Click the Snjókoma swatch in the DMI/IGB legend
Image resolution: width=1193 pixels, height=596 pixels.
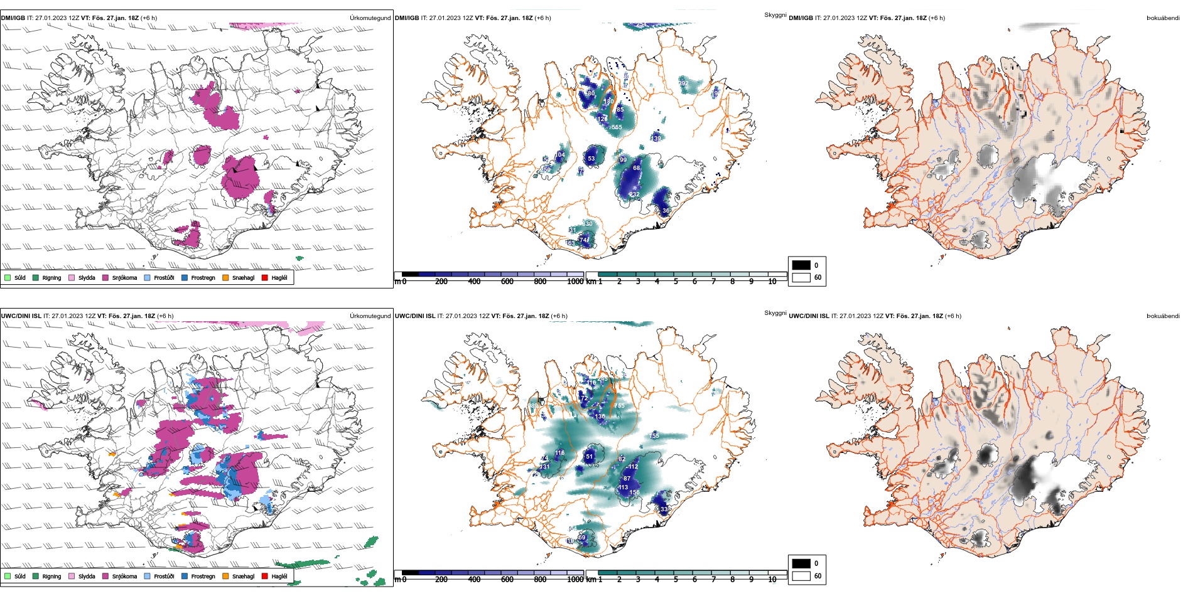pyautogui.click(x=105, y=277)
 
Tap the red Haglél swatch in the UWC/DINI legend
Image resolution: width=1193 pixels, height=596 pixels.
pyautogui.click(x=265, y=576)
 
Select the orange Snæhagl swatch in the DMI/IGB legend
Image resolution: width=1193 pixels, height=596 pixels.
pyautogui.click(x=225, y=277)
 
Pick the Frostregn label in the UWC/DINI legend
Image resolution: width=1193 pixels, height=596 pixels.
pyautogui.click(x=203, y=576)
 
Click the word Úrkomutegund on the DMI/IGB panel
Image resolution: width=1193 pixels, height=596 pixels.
pyautogui.click(x=370, y=18)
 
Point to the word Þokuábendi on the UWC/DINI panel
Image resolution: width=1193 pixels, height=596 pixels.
pyautogui.click(x=1163, y=316)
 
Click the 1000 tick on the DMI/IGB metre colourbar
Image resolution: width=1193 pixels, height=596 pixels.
pyautogui.click(x=575, y=282)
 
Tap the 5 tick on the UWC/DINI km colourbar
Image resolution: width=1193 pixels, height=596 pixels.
pyautogui.click(x=676, y=580)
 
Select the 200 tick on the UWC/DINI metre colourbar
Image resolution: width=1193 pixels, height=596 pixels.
pyautogui.click(x=441, y=580)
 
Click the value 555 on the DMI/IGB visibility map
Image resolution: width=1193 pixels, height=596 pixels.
pyautogui.click(x=617, y=127)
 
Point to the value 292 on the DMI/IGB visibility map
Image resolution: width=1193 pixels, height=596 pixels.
pyautogui.click(x=683, y=83)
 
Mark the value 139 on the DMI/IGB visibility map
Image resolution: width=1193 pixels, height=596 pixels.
pyautogui.click(x=656, y=138)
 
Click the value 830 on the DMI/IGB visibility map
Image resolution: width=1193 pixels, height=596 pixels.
pyautogui.click(x=587, y=224)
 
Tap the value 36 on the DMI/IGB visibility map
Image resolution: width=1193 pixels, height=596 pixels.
pyautogui.click(x=666, y=211)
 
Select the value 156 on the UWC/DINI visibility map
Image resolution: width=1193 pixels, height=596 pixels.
pyautogui.click(x=634, y=492)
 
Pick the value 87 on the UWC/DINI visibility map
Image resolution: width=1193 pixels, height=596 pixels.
pyautogui.click(x=627, y=479)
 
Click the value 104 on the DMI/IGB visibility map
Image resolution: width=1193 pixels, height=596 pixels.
pyautogui.click(x=560, y=154)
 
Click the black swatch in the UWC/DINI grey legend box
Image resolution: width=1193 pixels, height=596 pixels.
pyautogui.click(x=801, y=563)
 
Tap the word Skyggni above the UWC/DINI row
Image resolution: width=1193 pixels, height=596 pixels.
pyautogui.click(x=775, y=312)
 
